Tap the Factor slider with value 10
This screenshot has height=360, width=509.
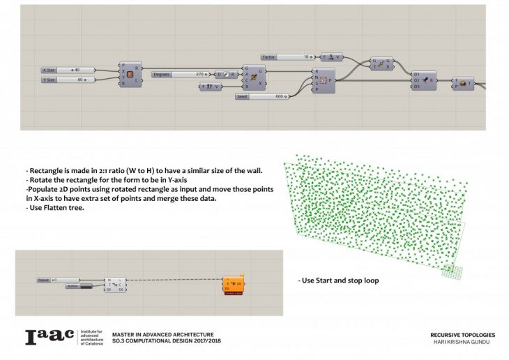click(287, 56)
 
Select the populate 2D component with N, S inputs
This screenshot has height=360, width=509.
click(324, 81)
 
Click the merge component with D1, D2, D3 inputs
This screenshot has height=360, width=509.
click(424, 80)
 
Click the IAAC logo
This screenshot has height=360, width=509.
click(51, 337)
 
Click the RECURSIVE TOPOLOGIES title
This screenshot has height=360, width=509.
click(457, 335)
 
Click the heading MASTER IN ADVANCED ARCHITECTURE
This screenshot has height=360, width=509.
click(163, 335)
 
